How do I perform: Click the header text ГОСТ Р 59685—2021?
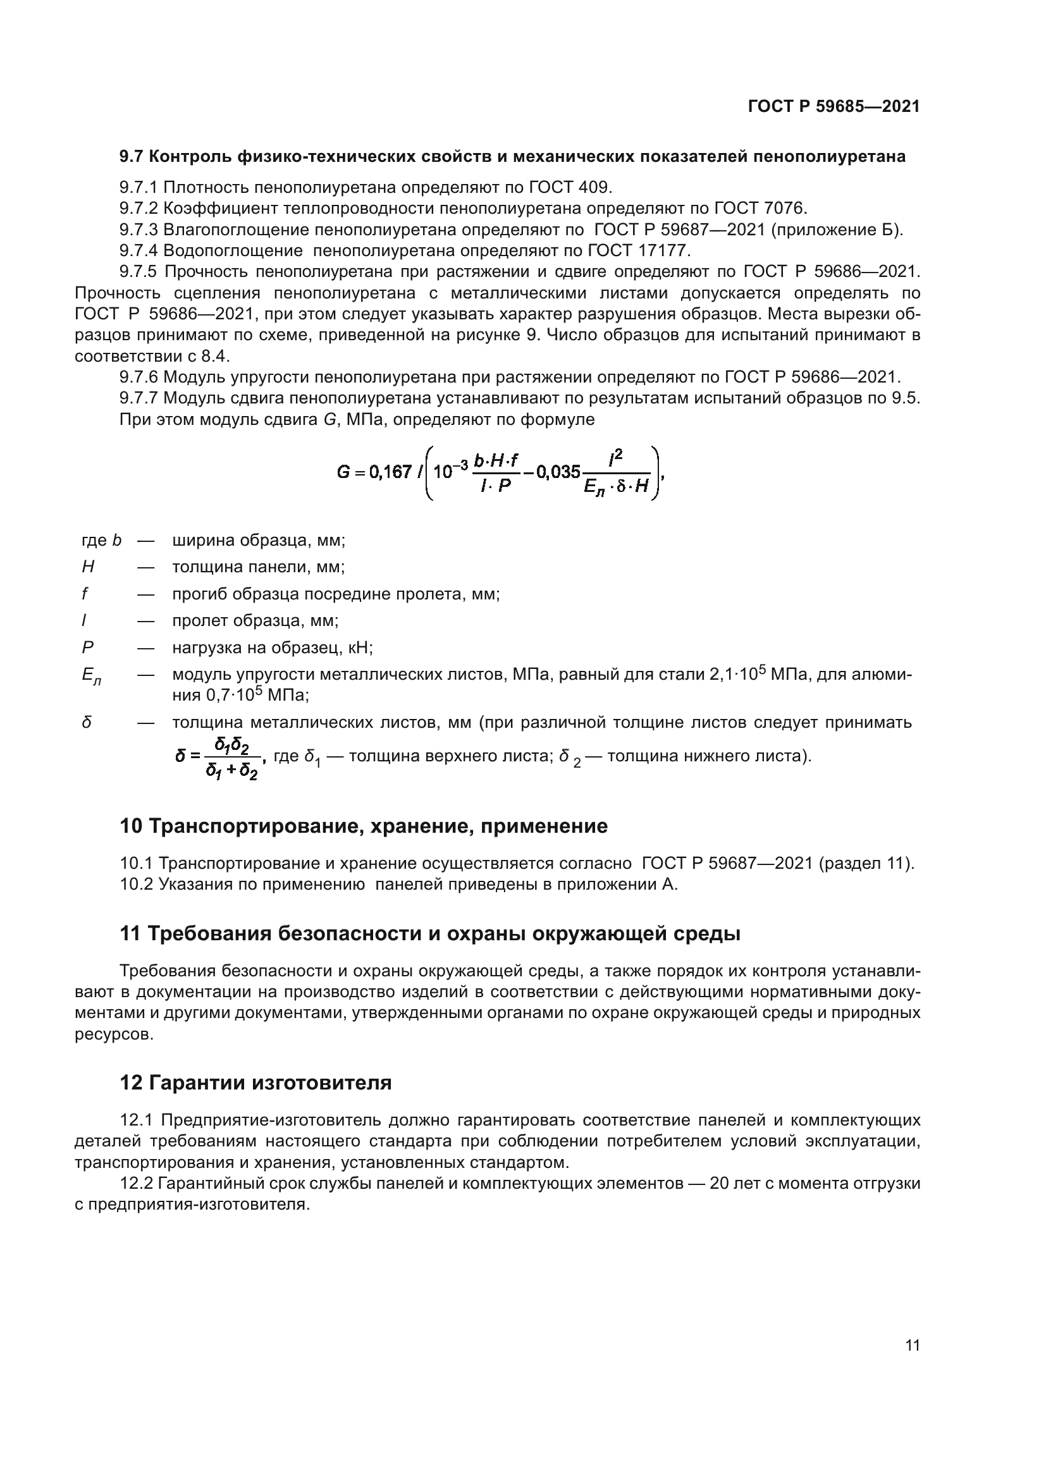click(834, 107)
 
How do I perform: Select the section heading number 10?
click(131, 826)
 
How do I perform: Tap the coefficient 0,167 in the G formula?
click(390, 472)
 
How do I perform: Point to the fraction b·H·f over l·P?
click(496, 472)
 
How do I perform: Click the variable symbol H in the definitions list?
click(88, 567)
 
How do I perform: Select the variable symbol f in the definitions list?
click(84, 594)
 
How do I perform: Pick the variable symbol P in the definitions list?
click(88, 647)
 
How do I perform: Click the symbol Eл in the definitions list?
click(91, 676)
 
